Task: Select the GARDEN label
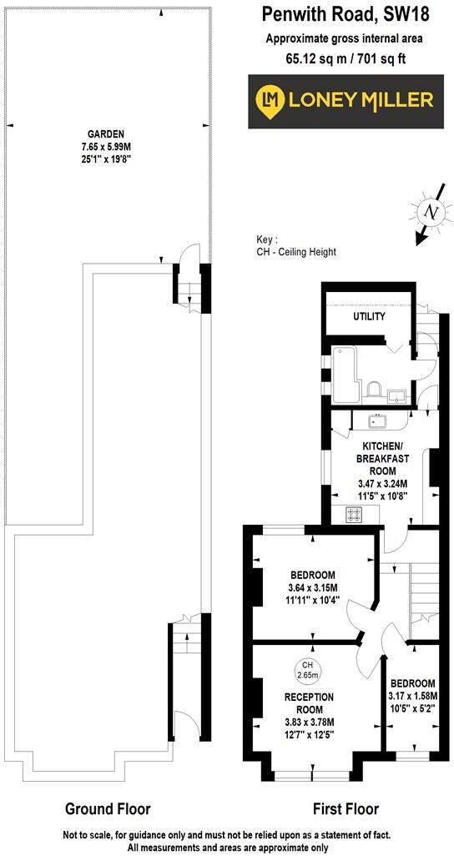click(x=106, y=133)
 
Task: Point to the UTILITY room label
click(x=369, y=316)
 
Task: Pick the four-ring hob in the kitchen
click(x=353, y=516)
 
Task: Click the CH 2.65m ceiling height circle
click(x=311, y=670)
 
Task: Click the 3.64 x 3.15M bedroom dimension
click(x=313, y=587)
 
